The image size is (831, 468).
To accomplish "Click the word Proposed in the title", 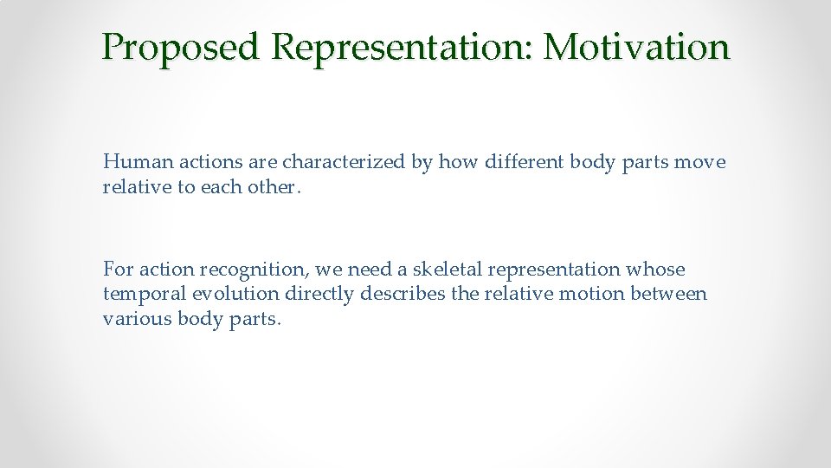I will coord(180,48).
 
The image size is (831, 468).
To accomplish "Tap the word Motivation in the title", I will coord(636,48).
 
